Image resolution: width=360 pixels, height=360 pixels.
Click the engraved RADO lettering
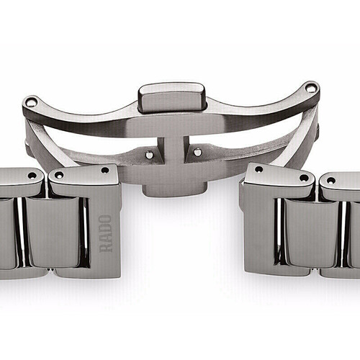[x=106, y=233]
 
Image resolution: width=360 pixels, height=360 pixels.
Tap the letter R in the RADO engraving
[x=106, y=248]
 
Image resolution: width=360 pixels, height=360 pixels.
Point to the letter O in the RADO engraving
[x=106, y=220]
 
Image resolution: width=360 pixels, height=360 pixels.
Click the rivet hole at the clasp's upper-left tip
[x=30, y=102]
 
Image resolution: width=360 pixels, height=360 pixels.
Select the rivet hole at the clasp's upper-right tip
[x=312, y=88]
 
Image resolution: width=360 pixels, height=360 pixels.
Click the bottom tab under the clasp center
[x=174, y=189]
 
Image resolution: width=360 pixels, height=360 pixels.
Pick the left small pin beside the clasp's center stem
[x=149, y=155]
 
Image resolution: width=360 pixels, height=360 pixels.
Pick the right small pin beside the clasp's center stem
[x=197, y=152]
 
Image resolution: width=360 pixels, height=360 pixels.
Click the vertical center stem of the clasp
[x=174, y=150]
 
